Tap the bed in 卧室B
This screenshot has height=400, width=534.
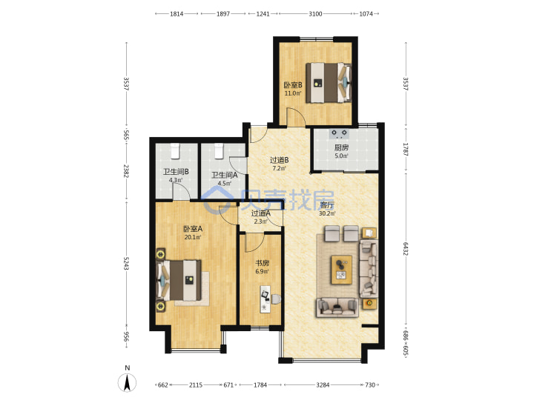coord(329,83)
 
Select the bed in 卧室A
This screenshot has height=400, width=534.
coord(179,280)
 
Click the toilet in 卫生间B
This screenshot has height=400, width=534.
coord(175,151)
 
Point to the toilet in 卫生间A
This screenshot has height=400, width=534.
coord(219,151)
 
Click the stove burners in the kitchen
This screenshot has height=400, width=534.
coord(339,133)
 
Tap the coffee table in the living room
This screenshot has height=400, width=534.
coord(342,270)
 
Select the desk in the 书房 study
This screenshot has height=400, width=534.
coord(265,299)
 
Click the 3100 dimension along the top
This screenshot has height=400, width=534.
coord(315,14)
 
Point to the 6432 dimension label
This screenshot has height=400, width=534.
coord(405,249)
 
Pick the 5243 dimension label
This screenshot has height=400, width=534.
coord(126,263)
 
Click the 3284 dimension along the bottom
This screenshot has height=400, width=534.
coord(323,385)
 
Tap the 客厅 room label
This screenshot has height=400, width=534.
coord(327,205)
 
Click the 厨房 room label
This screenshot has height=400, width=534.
coord(341,147)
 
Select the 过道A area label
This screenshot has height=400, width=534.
coord(260,213)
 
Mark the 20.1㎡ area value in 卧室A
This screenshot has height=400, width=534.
coord(192,238)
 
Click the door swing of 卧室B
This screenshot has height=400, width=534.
coord(295,117)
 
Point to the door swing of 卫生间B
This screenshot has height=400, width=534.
coord(181,192)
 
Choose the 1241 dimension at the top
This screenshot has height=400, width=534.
coord(263,14)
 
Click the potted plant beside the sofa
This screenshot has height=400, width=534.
coord(369,303)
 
